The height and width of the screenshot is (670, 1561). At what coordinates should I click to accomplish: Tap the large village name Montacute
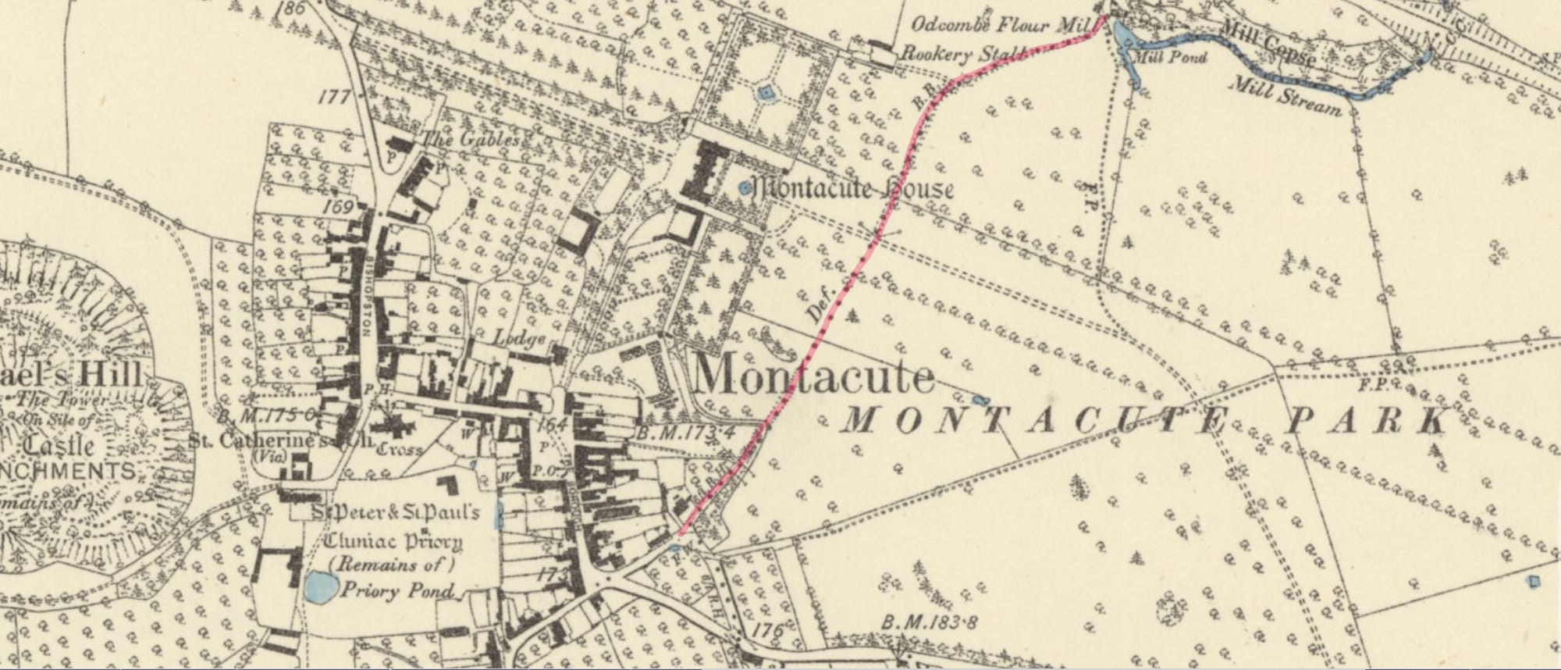[813, 377]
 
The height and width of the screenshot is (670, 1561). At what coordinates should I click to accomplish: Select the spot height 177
[332, 98]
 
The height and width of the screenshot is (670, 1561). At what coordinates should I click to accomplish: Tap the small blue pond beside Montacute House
[744, 187]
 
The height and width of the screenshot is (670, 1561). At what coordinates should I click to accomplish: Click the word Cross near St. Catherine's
[400, 450]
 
